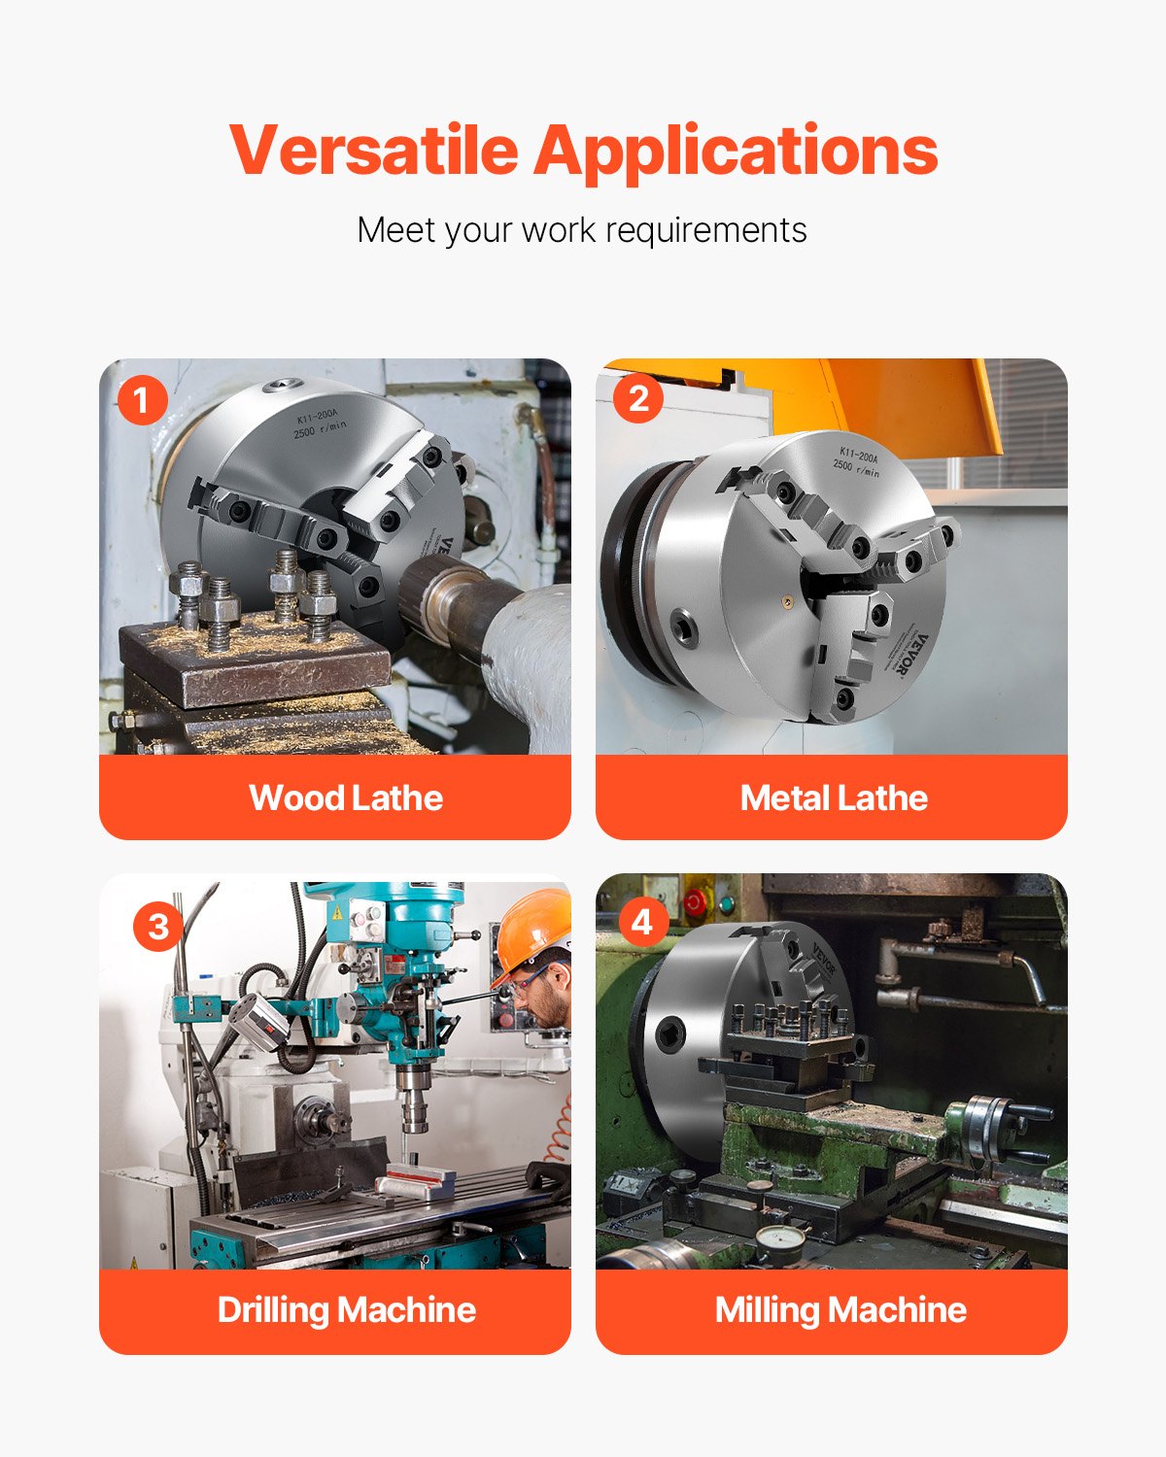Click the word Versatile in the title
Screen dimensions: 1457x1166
(x=374, y=151)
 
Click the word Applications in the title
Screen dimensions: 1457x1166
(x=736, y=152)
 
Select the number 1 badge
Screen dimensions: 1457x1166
(x=142, y=400)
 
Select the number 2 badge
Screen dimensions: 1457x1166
(x=638, y=398)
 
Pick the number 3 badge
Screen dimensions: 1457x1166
(x=157, y=926)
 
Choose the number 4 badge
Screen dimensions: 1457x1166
(x=641, y=921)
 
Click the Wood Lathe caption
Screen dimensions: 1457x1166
(x=346, y=798)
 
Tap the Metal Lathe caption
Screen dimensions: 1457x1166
(x=833, y=798)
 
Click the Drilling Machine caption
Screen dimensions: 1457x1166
(x=346, y=1310)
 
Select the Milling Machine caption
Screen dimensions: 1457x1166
(x=840, y=1310)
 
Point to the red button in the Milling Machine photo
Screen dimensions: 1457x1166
(x=694, y=902)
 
